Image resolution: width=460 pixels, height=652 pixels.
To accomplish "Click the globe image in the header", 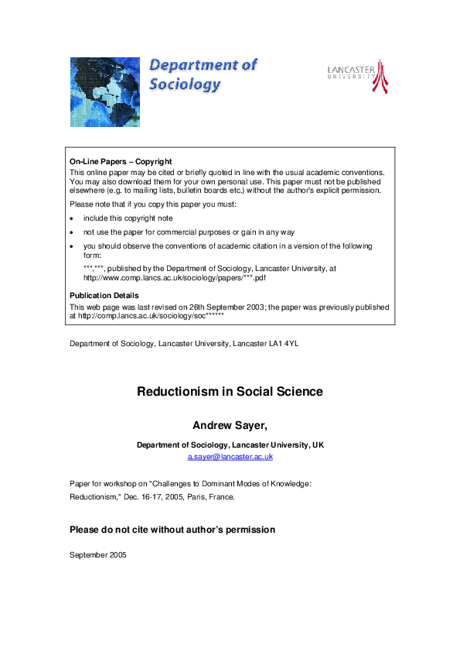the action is [x=105, y=91].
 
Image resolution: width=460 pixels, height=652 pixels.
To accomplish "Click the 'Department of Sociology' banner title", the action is [x=203, y=75].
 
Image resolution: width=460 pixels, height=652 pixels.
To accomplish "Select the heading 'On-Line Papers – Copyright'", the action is [x=121, y=162].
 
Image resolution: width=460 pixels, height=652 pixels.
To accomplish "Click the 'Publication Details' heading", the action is [x=104, y=295].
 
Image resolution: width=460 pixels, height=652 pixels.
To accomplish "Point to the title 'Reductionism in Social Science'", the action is [x=230, y=392].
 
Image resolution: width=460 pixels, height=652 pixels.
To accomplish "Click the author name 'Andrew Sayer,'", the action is [x=230, y=425].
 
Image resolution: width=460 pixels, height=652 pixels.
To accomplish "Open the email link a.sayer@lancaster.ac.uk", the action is [x=230, y=457].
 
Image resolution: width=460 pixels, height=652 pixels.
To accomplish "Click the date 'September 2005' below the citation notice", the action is [x=97, y=555].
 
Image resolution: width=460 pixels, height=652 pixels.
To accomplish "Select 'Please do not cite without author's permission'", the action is [x=172, y=530].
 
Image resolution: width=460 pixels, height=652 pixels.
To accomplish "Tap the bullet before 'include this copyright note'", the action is [x=72, y=219].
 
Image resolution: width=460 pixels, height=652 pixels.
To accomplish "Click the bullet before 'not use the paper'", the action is [x=72, y=232].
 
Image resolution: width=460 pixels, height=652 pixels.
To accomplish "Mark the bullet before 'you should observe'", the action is [x=72, y=246].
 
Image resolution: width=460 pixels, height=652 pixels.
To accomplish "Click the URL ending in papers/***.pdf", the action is [x=179, y=276].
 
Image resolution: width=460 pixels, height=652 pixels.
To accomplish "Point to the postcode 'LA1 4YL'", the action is [x=282, y=343].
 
